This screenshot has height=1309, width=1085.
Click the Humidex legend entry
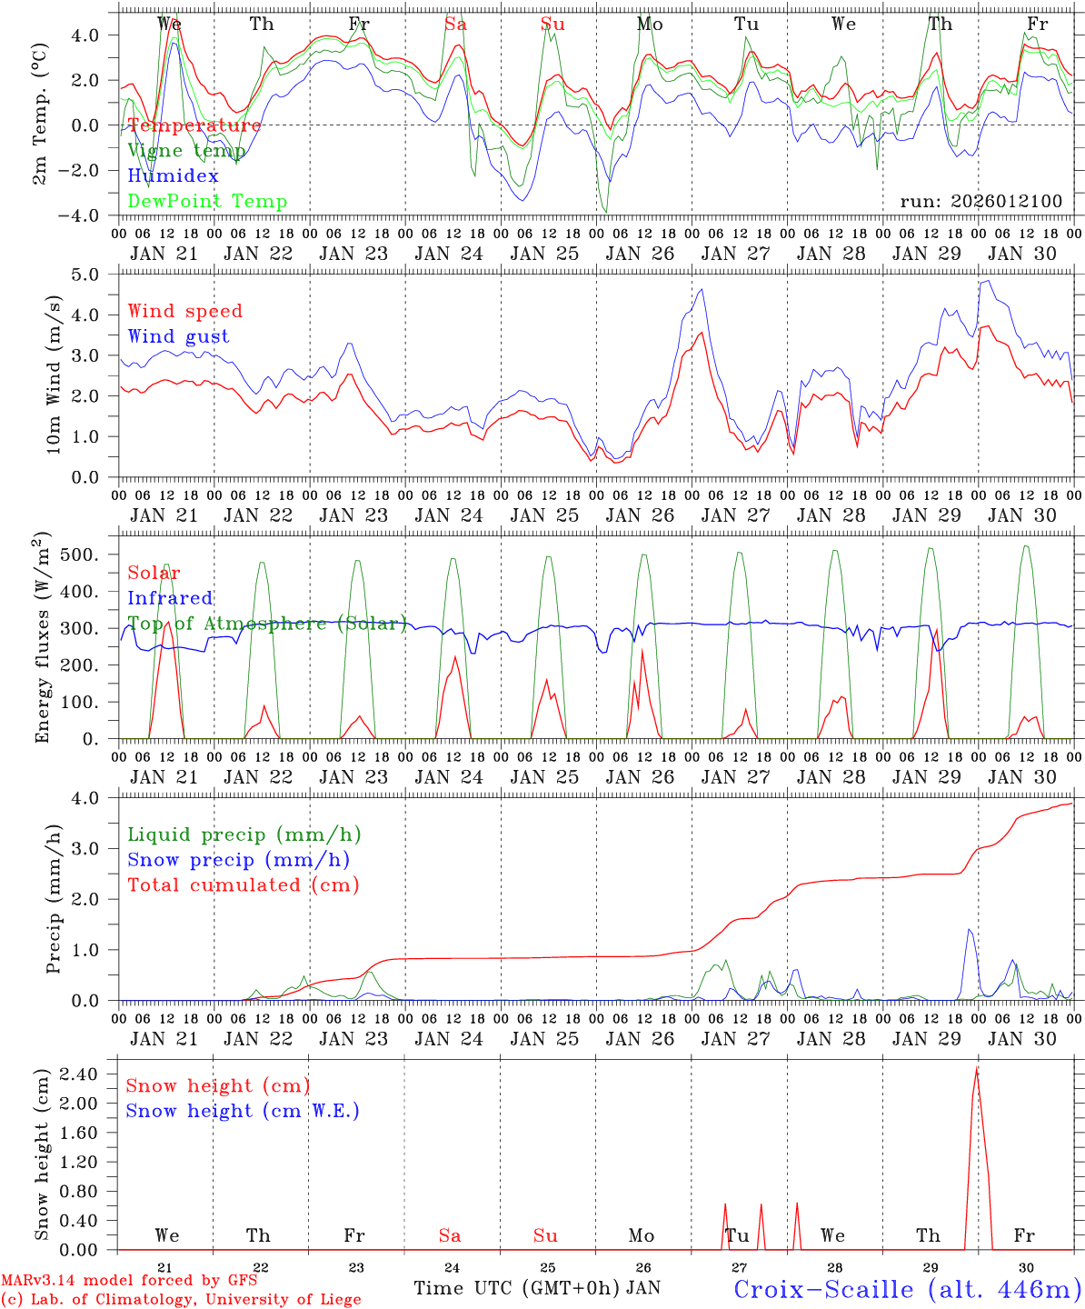coord(173,176)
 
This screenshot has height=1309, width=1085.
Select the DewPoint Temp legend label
coord(207,202)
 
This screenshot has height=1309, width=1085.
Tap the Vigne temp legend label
coord(186,151)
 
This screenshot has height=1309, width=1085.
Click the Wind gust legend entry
coord(178,336)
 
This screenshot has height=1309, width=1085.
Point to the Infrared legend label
coord(170,598)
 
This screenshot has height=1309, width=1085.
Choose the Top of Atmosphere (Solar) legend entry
coord(267,624)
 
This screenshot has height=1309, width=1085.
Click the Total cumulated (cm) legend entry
coord(243,884)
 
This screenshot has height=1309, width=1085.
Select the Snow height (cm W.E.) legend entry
coord(243,1111)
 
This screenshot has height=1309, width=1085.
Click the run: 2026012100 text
coord(980,201)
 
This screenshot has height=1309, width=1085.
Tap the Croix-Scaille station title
coord(907,1289)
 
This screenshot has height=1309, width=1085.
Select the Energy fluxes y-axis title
coord(43,637)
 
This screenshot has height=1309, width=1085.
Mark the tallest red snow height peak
coord(977,1068)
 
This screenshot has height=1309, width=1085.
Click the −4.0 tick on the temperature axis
coord(87,215)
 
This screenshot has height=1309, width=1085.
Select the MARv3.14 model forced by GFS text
coord(128,1281)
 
